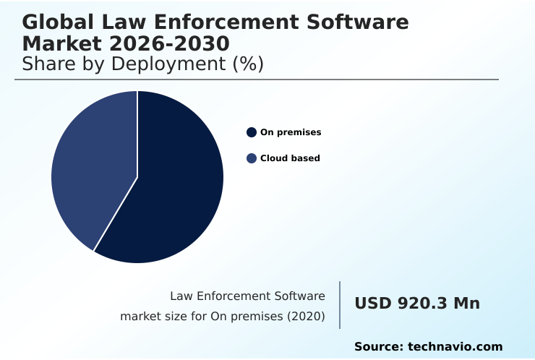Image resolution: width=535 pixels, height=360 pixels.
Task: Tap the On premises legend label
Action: click(x=291, y=132)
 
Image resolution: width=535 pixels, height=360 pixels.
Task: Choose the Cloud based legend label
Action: click(x=290, y=158)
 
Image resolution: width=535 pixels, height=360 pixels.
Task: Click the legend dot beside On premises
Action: click(x=252, y=132)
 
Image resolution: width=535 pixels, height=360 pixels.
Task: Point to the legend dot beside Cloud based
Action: click(x=252, y=158)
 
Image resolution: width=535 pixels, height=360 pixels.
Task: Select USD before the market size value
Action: click(x=373, y=304)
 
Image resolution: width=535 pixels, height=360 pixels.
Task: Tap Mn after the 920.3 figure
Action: click(x=466, y=304)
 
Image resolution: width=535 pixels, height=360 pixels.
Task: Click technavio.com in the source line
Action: click(x=455, y=347)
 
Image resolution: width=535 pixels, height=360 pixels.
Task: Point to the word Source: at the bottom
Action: click(x=379, y=347)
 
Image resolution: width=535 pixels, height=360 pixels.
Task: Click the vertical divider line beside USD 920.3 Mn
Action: click(x=340, y=304)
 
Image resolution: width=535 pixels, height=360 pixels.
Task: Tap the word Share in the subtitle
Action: click(x=44, y=64)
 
